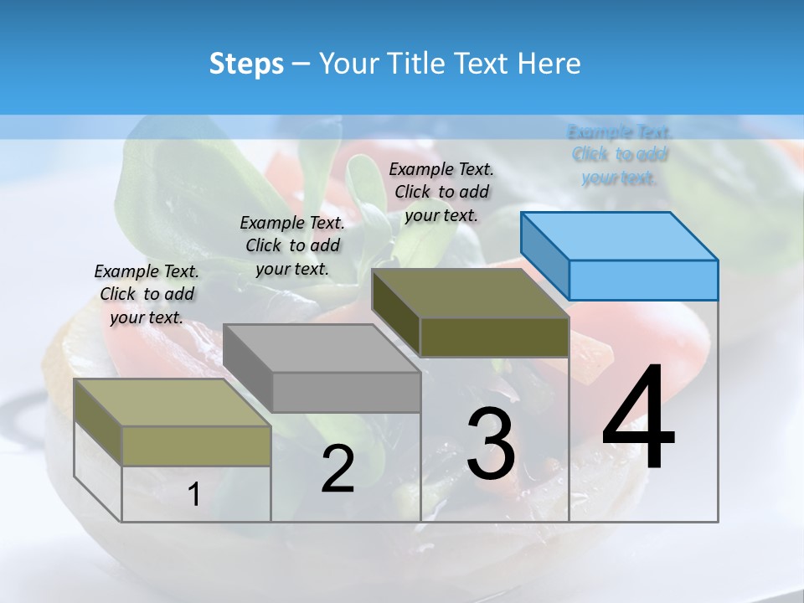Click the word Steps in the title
(246, 64)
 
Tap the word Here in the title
(549, 64)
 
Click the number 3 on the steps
(490, 444)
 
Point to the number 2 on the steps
(338, 469)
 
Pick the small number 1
(193, 495)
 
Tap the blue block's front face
(643, 280)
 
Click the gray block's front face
(346, 392)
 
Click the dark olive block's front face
(494, 337)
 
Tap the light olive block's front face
(196, 446)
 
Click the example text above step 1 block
(147, 294)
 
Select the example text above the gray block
(292, 245)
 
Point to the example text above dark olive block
(441, 192)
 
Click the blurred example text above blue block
(620, 155)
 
